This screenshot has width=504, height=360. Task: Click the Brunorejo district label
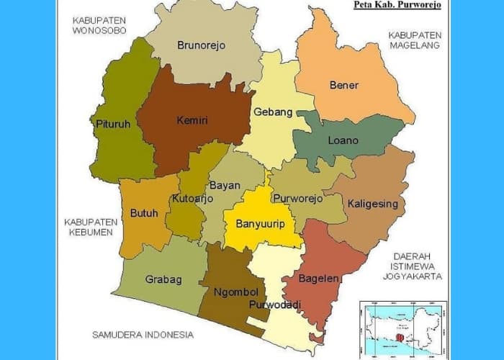click(201, 45)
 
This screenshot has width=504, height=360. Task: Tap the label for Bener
click(343, 85)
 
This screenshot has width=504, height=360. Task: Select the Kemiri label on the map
click(192, 120)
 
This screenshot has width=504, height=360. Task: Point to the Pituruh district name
click(113, 124)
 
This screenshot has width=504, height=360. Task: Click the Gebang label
click(273, 112)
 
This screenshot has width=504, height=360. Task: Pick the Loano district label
click(343, 140)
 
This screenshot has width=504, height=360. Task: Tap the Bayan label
click(225, 185)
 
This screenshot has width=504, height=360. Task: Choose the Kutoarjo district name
click(192, 199)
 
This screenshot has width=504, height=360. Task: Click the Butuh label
click(141, 213)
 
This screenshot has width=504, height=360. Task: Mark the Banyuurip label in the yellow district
click(260, 224)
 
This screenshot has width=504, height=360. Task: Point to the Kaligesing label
click(372, 204)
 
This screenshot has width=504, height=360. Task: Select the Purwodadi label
click(274, 305)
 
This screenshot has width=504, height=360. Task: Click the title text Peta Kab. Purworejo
click(397, 4)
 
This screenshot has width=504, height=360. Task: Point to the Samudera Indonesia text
click(143, 335)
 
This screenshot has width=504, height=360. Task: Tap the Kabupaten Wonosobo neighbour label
click(99, 25)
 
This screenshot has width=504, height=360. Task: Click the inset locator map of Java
click(402, 328)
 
